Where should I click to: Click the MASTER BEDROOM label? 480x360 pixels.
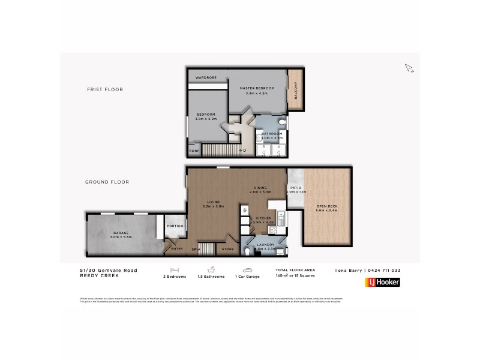260,88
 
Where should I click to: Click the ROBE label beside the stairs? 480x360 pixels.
194,151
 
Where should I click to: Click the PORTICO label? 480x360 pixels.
174,226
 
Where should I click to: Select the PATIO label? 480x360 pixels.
295,188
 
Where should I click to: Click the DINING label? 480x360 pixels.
261,187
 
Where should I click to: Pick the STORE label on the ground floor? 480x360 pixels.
228,248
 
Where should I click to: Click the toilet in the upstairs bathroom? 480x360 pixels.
283,122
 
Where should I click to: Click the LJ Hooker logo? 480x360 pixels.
382,282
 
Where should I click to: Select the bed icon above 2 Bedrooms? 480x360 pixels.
175,270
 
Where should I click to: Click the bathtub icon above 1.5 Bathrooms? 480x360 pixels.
211,270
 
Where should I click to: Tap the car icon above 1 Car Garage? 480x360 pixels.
247,270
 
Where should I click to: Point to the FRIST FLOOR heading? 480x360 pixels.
105,89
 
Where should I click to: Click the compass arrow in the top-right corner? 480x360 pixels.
410,68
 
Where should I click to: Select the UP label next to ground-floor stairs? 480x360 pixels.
194,248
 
